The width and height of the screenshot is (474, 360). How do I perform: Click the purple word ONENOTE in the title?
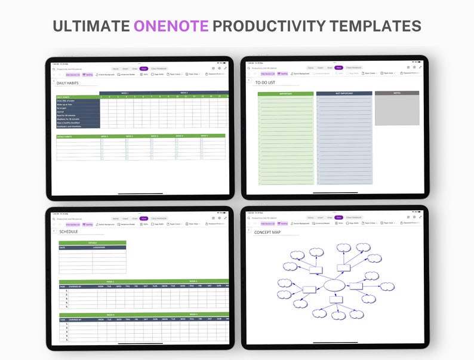coord(171,26)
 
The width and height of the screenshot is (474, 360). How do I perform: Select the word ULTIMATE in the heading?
coord(91,26)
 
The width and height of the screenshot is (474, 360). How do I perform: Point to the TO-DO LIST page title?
coord(264,83)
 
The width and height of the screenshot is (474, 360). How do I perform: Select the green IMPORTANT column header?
coord(285,94)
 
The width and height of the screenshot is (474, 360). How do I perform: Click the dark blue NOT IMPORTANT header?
coord(344,94)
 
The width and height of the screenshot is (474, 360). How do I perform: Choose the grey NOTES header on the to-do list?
coord(396,93)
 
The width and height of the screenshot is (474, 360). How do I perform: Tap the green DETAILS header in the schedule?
coord(92,242)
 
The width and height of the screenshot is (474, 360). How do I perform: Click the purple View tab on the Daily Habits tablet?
coord(144,68)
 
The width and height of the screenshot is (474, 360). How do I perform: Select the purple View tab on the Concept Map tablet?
coord(338,217)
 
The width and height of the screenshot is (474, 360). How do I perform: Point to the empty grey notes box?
coord(396,110)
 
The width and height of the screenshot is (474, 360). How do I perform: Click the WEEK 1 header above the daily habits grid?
coord(125,93)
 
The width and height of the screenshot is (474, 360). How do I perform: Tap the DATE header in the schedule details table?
coord(63,247)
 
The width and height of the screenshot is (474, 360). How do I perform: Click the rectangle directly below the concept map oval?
coord(337,307)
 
